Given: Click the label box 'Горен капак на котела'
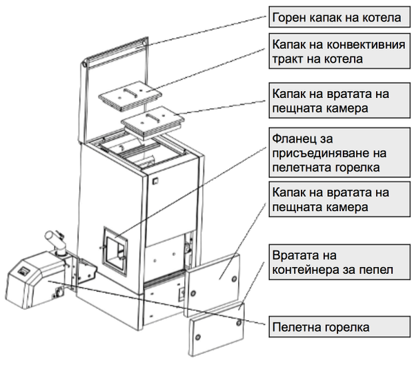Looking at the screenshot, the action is point(339,17).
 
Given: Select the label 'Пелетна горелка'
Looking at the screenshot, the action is point(339,326).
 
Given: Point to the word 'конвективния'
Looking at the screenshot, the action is point(366,44).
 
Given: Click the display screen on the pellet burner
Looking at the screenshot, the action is point(23,271).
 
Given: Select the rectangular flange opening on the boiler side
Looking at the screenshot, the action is point(115,252).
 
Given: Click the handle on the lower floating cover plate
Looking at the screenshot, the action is point(152,118).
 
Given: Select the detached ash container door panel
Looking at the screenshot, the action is point(216,329).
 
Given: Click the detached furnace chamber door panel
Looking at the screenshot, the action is point(213,285).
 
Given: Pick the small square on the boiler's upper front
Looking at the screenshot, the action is point(155,181).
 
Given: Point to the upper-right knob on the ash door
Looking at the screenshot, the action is point(239,322).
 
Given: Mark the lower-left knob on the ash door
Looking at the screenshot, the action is point(197,337).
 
